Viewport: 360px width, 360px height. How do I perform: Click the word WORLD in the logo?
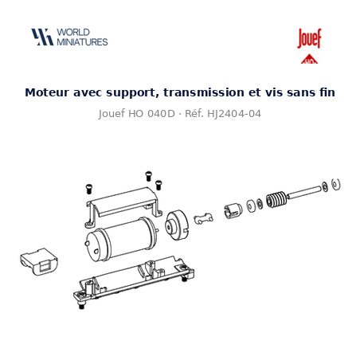73,33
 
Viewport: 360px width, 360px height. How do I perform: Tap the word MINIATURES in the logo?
82,42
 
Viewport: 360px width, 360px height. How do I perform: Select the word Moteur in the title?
47,92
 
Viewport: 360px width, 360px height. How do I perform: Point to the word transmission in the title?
204,92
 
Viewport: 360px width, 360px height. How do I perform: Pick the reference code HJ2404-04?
234,114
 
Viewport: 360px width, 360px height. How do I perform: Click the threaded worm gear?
276,199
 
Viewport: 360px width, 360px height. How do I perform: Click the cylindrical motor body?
120,238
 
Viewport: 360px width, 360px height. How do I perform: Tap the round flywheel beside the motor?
176,225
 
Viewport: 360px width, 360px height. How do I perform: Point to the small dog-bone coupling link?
203,219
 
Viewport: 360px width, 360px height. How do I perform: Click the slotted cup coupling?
233,211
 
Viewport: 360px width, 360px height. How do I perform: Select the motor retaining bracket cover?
124,206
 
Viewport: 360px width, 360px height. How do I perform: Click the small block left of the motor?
39,261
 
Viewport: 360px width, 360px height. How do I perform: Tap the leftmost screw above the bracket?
89,189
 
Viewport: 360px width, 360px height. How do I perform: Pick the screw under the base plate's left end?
82,305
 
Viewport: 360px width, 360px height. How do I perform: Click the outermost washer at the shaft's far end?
336,184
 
